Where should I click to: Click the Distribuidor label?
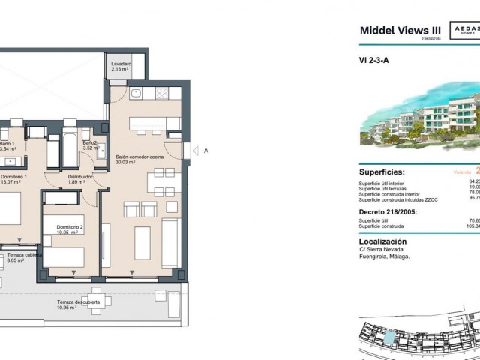coord(80,176)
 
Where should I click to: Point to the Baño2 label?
coord(90,142)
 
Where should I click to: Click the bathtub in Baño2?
coord(67,150)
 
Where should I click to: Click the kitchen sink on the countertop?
coord(136,94)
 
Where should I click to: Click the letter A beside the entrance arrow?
coord(205,151)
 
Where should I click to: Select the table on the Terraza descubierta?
coord(96,299)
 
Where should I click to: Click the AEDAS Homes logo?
coord(463,30)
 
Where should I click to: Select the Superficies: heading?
coord(386,171)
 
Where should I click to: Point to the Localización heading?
coord(382,241)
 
